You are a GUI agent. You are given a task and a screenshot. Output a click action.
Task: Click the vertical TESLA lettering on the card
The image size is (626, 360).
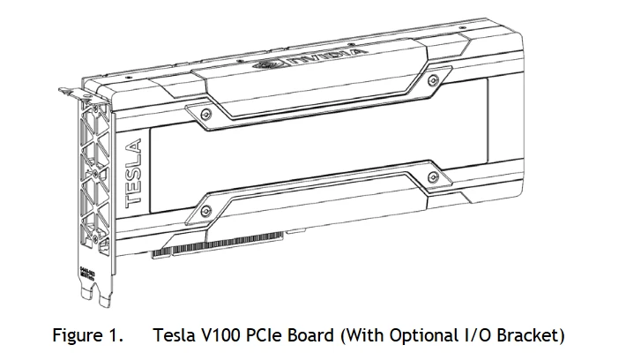[134, 173]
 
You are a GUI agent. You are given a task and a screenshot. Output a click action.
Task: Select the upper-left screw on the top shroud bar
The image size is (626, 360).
[205, 114]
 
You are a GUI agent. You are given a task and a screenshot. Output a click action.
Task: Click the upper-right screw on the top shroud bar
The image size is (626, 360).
[430, 81]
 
